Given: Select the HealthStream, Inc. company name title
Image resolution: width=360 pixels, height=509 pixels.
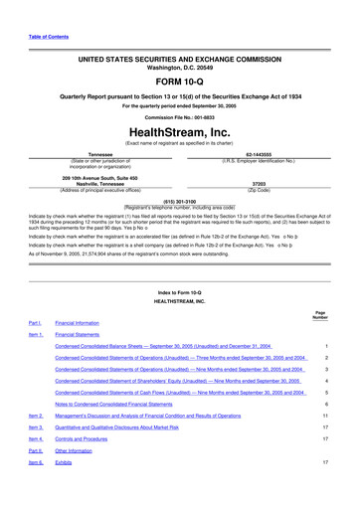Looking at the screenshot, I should (x=180, y=156).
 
